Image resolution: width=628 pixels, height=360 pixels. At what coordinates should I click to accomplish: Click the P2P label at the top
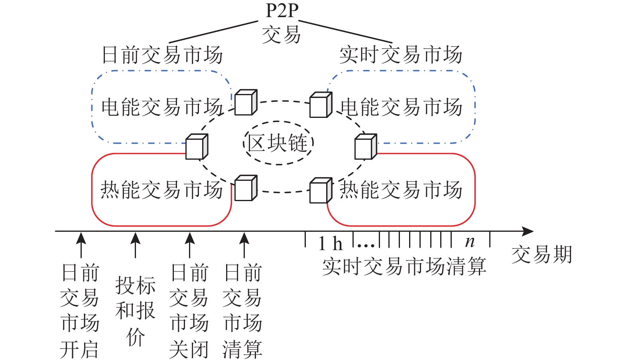(282, 11)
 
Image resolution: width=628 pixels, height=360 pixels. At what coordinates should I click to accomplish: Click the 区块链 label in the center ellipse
(278, 143)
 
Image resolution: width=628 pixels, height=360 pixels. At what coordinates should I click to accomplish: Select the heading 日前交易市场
(162, 55)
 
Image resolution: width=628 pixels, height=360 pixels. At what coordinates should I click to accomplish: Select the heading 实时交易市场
(401, 55)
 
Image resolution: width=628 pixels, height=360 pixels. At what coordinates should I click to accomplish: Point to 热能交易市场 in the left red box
(161, 190)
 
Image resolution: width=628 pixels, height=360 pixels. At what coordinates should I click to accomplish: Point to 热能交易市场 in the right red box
(401, 190)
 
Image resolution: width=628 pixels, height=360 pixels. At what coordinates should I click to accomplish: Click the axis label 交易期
(541, 254)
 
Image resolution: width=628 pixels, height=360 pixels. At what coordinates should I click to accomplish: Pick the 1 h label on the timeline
(331, 243)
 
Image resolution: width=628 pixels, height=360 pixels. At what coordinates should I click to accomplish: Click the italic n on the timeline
(470, 241)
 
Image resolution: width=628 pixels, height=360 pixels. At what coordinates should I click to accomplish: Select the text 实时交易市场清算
(404, 266)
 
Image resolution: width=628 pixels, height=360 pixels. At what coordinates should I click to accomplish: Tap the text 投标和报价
(135, 311)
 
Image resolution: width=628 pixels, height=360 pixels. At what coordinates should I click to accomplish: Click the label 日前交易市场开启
(80, 311)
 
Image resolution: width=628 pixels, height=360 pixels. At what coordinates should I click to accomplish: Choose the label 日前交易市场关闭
(189, 311)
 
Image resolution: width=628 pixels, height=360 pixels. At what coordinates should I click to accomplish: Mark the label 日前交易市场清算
(242, 311)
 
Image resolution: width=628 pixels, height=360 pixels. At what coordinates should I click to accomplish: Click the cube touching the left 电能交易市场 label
(245, 103)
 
